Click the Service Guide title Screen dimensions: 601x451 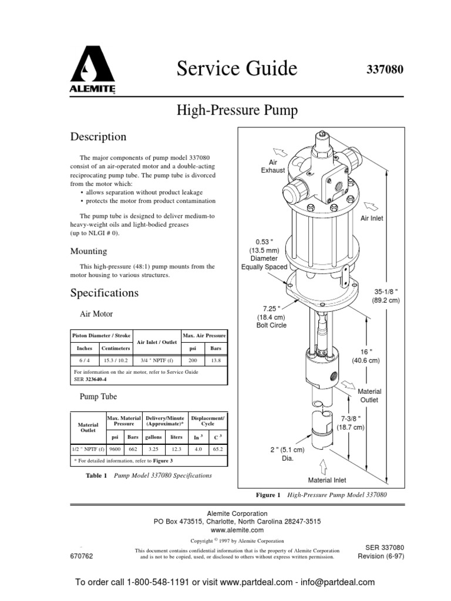click(x=237, y=69)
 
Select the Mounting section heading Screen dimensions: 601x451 click(x=89, y=251)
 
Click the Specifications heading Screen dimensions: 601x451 click(x=105, y=292)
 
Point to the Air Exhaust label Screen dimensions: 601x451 click(x=273, y=166)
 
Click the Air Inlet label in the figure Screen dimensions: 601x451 click(x=372, y=218)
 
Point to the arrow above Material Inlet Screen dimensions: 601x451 click(x=323, y=465)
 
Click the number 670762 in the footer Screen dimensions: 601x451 click(x=82, y=556)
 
